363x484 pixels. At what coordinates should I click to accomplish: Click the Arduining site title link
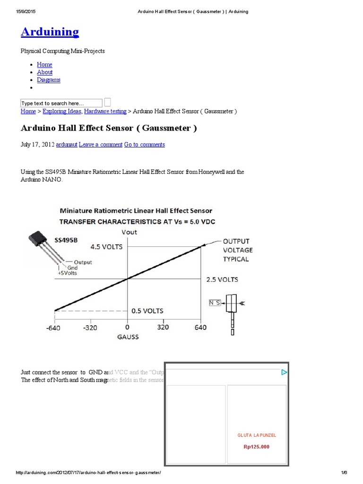(x=50, y=32)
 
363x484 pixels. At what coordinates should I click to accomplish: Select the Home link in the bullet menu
(x=44, y=65)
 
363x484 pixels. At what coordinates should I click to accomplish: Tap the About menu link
(x=44, y=72)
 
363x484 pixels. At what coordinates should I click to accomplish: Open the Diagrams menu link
(x=48, y=80)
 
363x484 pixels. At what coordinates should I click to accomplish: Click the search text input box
(x=61, y=103)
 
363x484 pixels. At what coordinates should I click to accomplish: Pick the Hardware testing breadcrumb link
(x=105, y=112)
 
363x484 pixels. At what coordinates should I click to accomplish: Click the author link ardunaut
(x=66, y=145)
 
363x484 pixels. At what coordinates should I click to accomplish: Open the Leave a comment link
(x=100, y=145)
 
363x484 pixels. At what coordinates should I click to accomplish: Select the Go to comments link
(x=144, y=145)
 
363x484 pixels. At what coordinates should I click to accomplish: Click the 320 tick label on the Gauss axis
(x=163, y=328)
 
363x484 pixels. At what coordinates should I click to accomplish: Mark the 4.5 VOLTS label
(x=106, y=247)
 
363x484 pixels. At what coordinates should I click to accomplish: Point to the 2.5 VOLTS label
(x=222, y=279)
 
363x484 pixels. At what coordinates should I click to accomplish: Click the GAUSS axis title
(x=128, y=337)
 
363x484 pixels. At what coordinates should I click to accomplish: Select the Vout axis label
(x=129, y=232)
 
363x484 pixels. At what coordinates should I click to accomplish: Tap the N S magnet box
(x=215, y=302)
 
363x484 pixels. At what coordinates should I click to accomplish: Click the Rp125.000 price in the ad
(x=256, y=447)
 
